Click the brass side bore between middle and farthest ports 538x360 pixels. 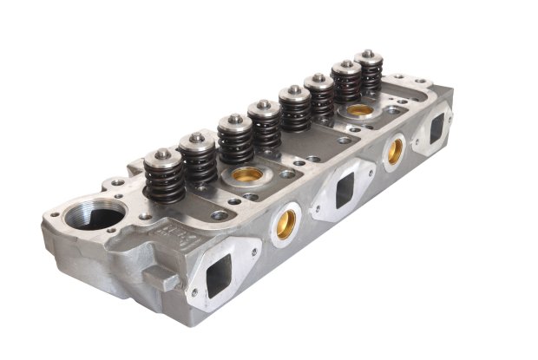click(395, 151)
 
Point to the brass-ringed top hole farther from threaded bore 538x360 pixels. click(359, 111)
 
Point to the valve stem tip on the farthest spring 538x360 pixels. click(369, 54)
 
